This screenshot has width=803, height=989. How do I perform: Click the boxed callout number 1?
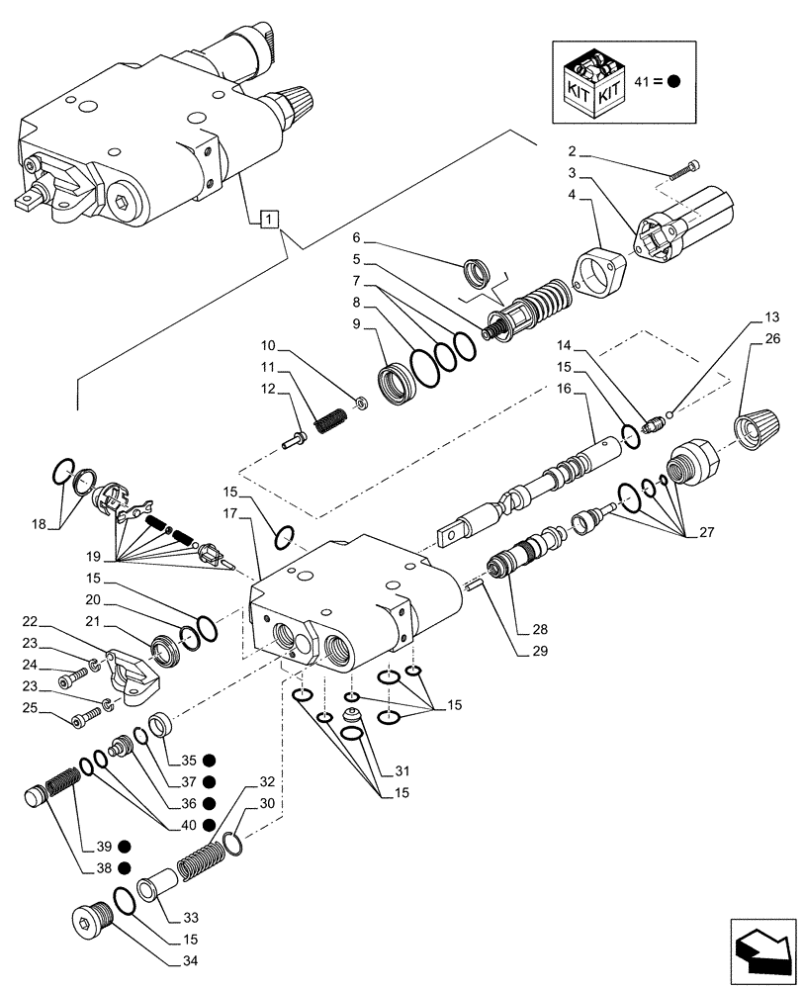[269, 218]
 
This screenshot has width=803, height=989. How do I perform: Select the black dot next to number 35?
[209, 760]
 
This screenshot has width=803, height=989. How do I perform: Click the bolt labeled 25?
[81, 718]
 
